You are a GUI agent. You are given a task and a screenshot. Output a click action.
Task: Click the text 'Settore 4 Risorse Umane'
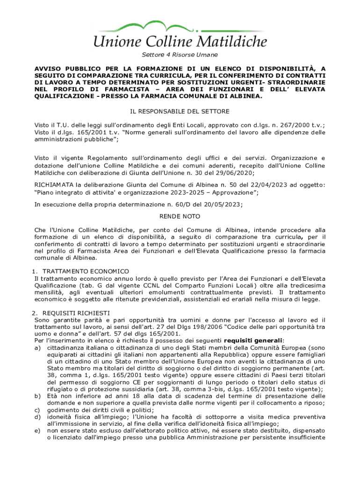pos(180,55)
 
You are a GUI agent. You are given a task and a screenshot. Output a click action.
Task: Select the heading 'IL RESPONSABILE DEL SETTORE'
pos(180,111)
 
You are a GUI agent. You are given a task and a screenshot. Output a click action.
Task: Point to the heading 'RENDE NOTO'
pos(180,217)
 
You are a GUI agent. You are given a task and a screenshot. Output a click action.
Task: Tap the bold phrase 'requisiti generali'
pos(257,340)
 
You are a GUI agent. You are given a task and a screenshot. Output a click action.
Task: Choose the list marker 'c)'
pos(37,410)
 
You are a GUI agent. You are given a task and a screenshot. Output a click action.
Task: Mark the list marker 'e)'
pos(37,431)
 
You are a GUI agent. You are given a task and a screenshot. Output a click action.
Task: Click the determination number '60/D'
pos(192,204)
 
